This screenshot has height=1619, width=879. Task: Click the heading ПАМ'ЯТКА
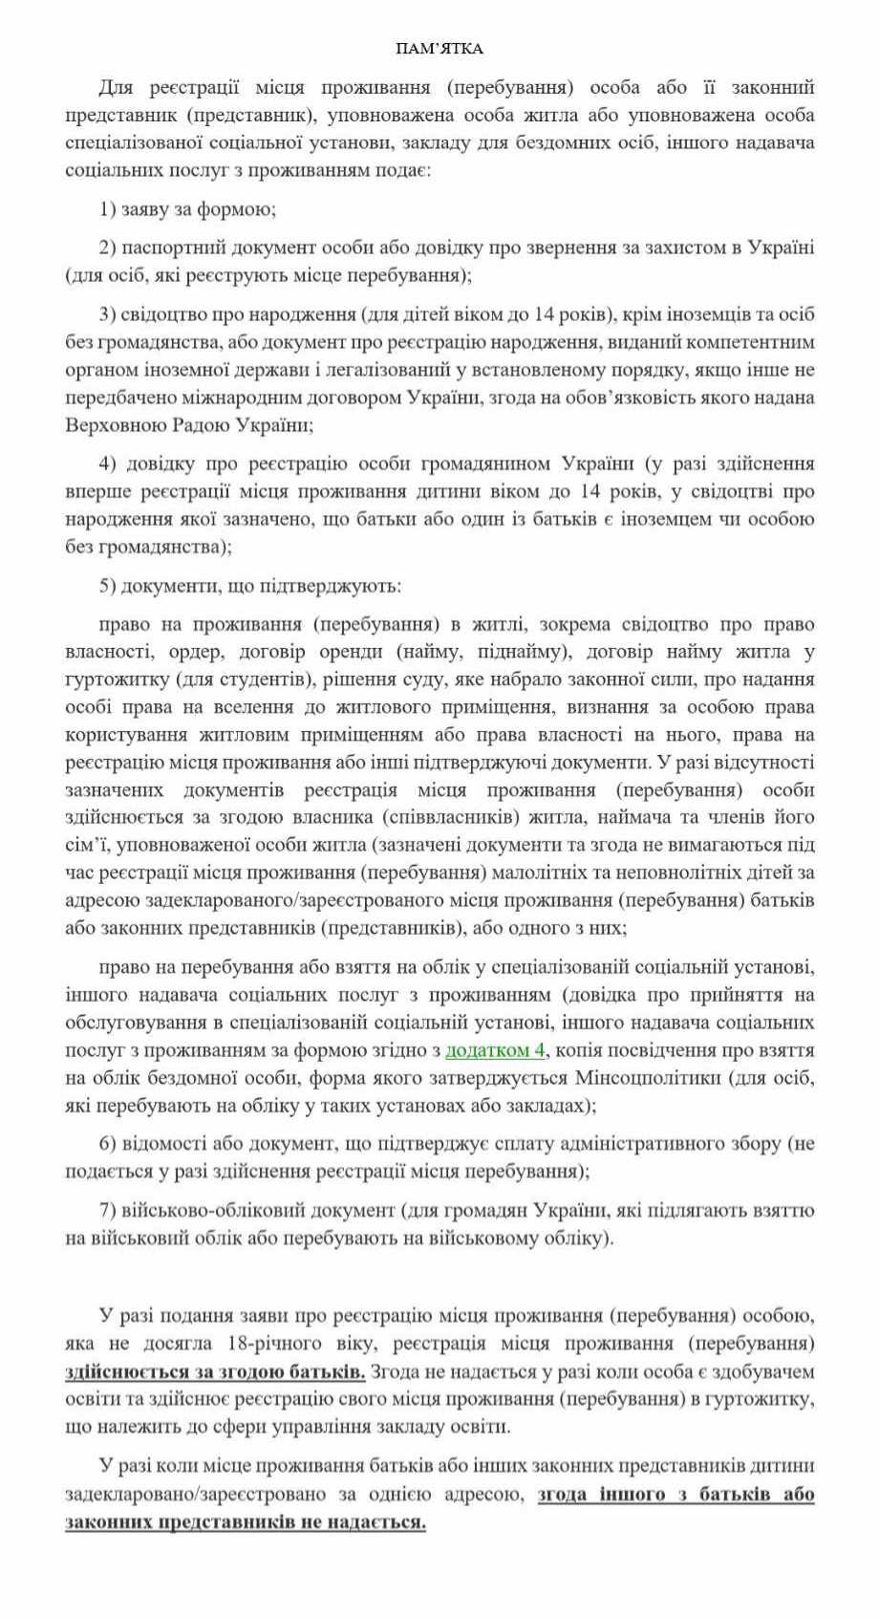[x=439, y=49]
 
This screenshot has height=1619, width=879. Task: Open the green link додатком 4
[x=495, y=1049]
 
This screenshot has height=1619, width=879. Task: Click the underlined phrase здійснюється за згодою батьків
[x=215, y=1372]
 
